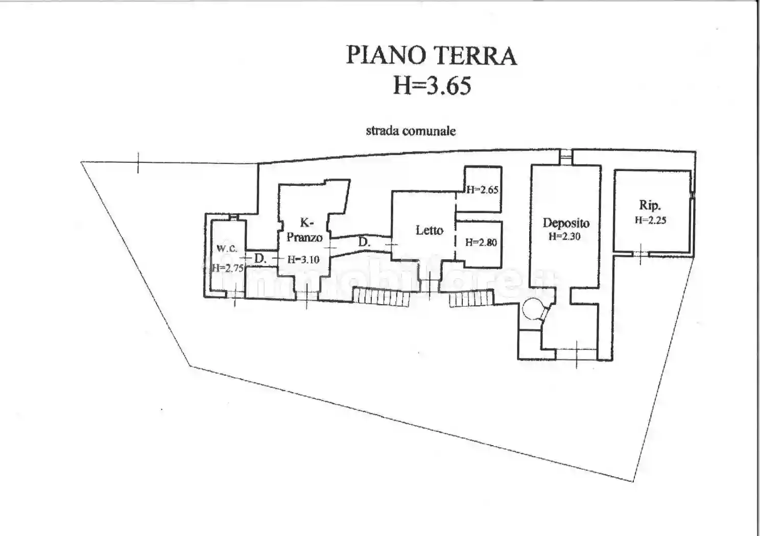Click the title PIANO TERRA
click(x=431, y=56)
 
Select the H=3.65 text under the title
click(x=432, y=85)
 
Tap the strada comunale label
click(x=411, y=131)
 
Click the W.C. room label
click(x=227, y=248)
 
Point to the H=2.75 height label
click(x=228, y=267)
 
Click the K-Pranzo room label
click(x=305, y=230)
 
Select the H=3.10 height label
click(x=303, y=259)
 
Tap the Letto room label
click(x=429, y=230)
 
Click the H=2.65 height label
click(x=482, y=190)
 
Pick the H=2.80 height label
click(x=481, y=242)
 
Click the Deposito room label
click(x=566, y=223)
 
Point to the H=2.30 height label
click(x=564, y=236)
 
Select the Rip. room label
click(x=650, y=205)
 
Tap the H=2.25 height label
click(x=650, y=221)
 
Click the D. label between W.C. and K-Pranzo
click(x=260, y=258)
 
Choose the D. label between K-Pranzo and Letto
click(x=364, y=242)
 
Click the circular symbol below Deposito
click(x=533, y=308)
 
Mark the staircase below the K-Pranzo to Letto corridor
click(x=381, y=297)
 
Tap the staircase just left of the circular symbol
click(x=471, y=298)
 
